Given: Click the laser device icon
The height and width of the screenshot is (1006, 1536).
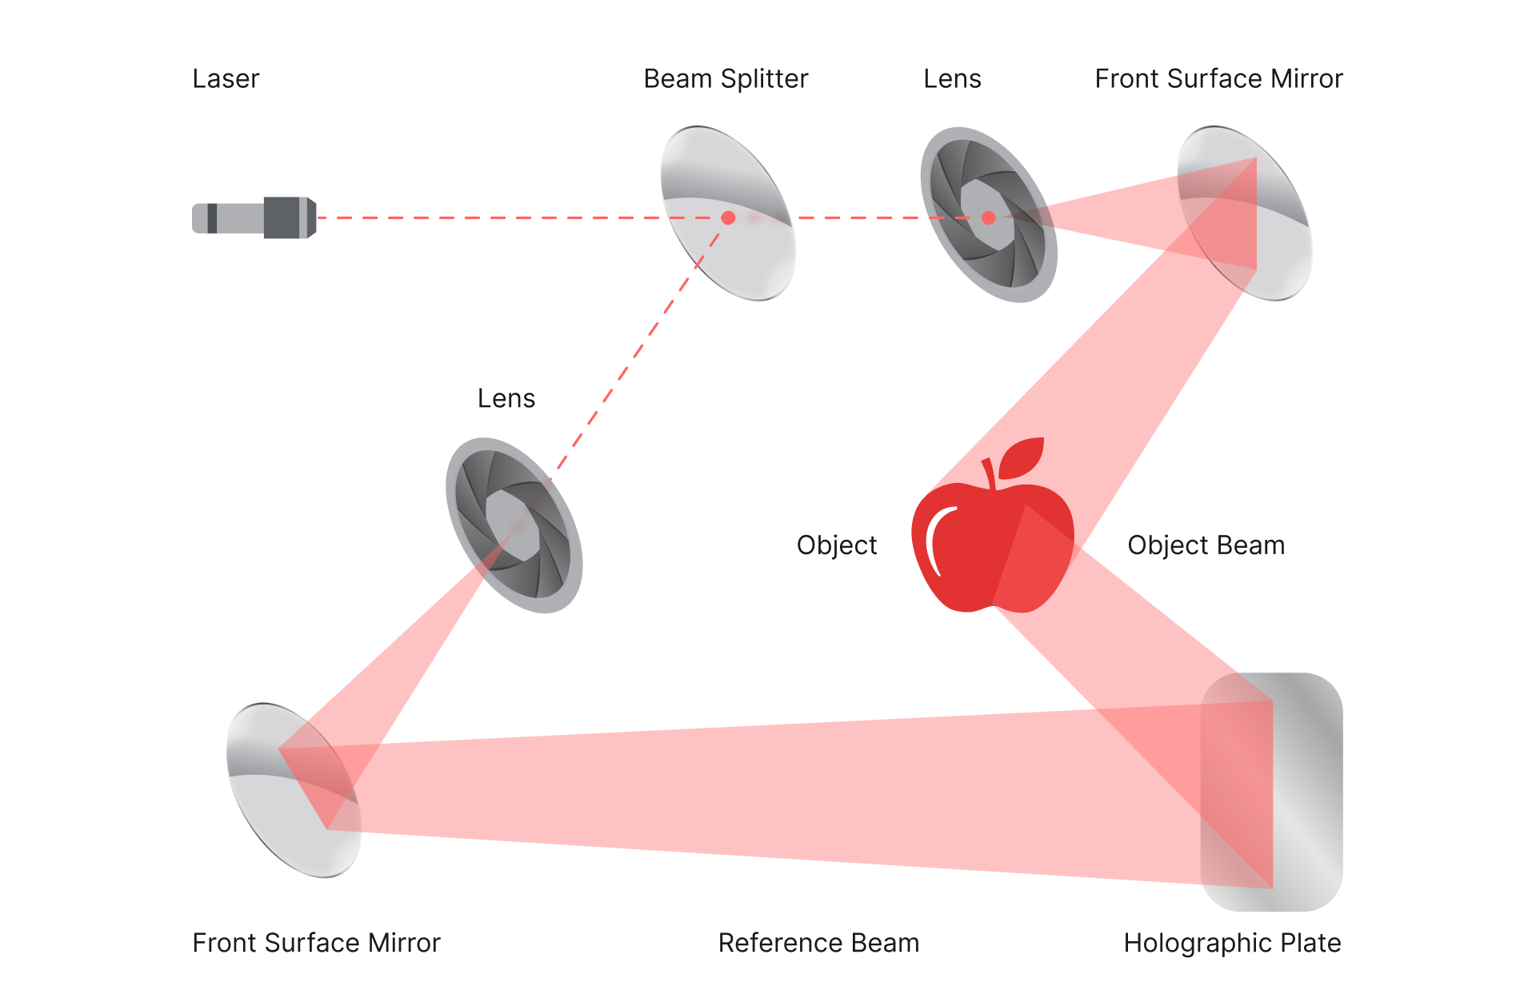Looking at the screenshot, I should click(254, 218).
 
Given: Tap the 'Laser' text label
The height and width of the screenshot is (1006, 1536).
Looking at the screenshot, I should click(226, 79).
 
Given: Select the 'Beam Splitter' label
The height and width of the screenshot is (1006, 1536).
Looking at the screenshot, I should click(726, 79).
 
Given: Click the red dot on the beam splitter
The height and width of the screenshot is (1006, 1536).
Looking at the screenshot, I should click(728, 218).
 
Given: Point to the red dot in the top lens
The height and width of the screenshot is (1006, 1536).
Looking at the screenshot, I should click(988, 218).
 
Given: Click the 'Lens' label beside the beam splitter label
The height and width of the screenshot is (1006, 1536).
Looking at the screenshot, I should click(952, 79).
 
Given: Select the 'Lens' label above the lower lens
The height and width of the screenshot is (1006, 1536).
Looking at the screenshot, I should click(506, 398).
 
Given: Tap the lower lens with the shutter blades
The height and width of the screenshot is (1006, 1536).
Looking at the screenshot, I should click(514, 525).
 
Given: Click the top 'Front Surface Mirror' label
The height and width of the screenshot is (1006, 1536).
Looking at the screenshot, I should click(1218, 79).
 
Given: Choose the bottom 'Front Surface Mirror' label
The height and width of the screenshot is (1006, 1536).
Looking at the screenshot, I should click(316, 943).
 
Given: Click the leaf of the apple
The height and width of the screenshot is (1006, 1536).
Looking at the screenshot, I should click(1023, 457).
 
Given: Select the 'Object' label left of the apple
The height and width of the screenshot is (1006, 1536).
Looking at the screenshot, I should click(837, 545).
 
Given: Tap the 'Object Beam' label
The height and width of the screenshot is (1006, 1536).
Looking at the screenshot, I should click(1206, 545).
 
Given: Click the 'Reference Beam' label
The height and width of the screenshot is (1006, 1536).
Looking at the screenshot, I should click(818, 943).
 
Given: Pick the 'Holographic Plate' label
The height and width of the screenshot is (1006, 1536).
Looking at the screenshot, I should click(1232, 943).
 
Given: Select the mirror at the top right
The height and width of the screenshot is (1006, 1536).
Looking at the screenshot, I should click(1245, 214).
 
